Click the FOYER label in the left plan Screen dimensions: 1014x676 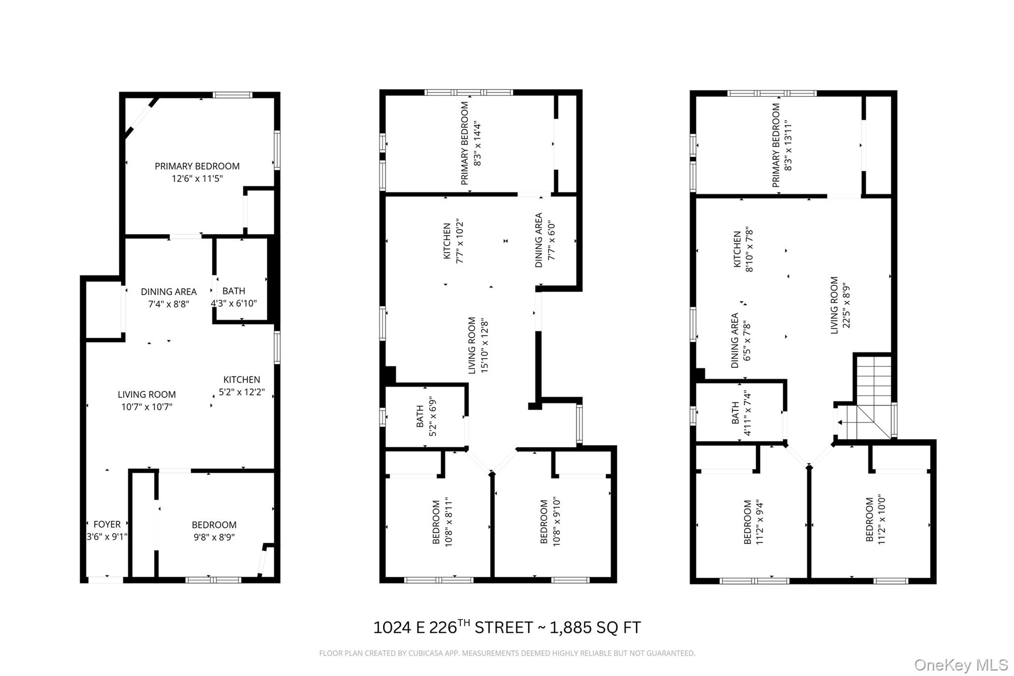coord(107,524)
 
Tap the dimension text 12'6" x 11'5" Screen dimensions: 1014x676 coord(197,178)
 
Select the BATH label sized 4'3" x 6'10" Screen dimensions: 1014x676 coord(234,291)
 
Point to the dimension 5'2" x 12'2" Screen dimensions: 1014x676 coord(242,392)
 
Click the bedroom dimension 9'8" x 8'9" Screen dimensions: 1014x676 coord(214,537)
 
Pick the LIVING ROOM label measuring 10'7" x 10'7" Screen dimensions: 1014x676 coord(147,394)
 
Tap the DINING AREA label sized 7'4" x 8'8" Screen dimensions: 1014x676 coord(169,292)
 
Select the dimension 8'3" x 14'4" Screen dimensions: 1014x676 coord(477,143)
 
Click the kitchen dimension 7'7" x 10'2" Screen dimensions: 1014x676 coord(459,241)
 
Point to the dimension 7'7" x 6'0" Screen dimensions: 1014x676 coord(552,240)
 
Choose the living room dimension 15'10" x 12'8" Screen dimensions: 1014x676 coord(485,346)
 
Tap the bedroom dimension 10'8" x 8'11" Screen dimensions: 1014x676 coord(449,522)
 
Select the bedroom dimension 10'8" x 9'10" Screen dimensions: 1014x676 coord(557,522)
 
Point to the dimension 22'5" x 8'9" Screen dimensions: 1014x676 coord(847,306)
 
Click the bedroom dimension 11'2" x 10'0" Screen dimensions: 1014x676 coord(881,520)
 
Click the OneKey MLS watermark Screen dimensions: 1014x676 coord(961,665)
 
